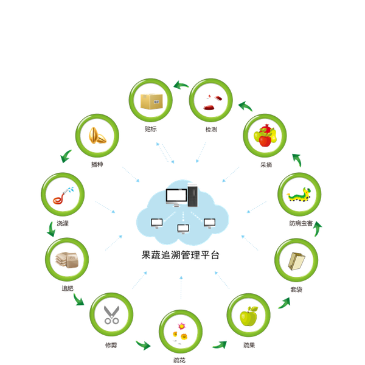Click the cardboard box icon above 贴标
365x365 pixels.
tap(151, 102)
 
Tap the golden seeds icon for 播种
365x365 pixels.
tap(97, 136)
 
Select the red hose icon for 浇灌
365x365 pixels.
tap(63, 195)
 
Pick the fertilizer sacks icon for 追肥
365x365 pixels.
tap(67, 260)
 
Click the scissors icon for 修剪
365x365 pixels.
tap(111, 315)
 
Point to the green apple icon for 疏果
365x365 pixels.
tap(249, 316)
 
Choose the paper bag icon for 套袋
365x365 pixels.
tap(296, 261)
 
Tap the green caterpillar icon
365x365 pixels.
tap(299, 195)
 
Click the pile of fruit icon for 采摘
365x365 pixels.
tap(265, 136)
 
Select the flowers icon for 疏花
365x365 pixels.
tap(181, 332)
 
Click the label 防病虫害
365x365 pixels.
tap(301, 223)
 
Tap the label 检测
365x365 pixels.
tap(211, 130)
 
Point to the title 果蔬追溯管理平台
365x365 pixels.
tap(181, 255)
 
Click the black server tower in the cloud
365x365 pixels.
tap(193, 196)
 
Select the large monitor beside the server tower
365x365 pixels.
tap(176, 197)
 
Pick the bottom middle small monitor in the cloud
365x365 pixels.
tap(183, 229)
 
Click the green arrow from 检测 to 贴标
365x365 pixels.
tap(181, 85)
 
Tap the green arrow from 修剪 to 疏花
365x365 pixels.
tap(143, 345)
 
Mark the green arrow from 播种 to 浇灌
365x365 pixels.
tap(66, 156)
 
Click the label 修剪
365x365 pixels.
tap(111, 345)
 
